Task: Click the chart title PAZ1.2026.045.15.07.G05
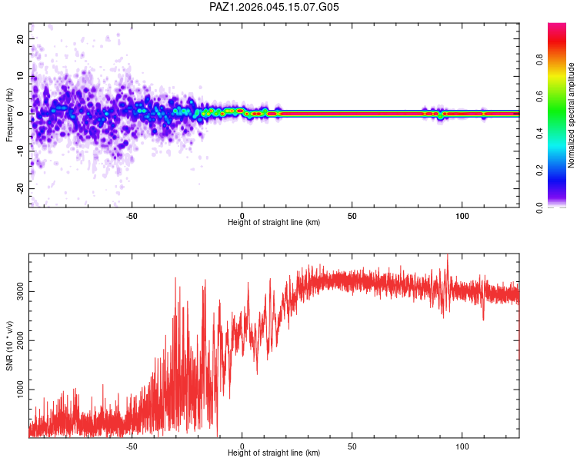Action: click(274, 7)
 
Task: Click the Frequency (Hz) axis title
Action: click(9, 115)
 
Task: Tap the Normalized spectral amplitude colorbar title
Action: click(571, 115)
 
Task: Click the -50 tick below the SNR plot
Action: click(132, 446)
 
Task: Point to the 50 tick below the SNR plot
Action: click(352, 446)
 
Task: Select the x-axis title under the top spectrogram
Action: click(274, 223)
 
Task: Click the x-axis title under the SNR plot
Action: click(274, 454)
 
